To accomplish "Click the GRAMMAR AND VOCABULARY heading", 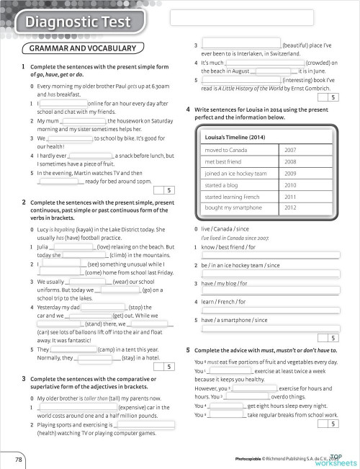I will click(89, 48).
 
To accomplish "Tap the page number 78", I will click(17, 458).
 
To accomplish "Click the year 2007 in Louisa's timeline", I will click(290, 150).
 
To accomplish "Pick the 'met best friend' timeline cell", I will click(228, 162).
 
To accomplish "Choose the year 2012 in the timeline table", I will click(290, 207).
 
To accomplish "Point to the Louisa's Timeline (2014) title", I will click(236, 135).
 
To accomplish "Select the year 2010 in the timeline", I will click(290, 185).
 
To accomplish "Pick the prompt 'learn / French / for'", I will click(225, 302).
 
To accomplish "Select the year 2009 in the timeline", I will click(290, 174).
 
